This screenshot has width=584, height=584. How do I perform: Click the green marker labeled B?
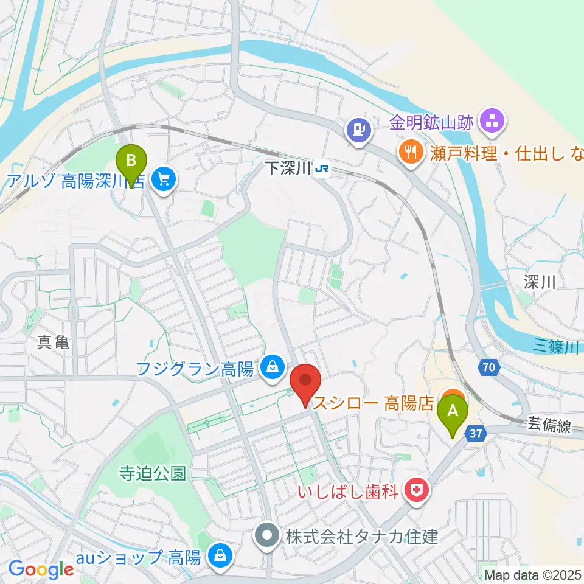132,162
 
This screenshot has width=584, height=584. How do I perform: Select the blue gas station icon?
359,130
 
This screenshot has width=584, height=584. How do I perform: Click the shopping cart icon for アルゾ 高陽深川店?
163,179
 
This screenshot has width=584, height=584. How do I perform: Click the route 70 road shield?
489,367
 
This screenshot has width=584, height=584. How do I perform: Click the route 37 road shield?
475,433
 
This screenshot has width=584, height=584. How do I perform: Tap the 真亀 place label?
53,342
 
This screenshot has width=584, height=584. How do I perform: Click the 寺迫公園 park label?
152,474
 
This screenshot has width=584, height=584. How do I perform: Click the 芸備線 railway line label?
549,427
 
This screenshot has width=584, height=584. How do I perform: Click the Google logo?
41,569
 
